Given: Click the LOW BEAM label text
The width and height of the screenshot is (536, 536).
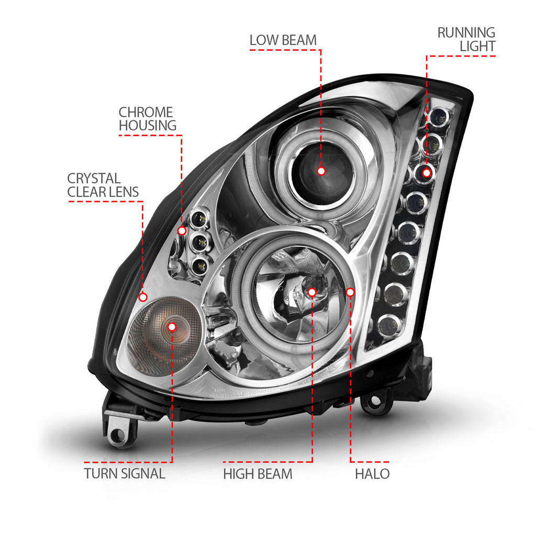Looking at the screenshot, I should tap(283, 40).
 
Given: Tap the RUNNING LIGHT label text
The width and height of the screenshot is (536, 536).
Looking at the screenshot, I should tap(466, 39).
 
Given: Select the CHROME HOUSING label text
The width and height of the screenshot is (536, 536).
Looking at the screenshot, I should tap(147, 119).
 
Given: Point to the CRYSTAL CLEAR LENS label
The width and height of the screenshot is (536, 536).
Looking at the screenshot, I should tap(103, 185).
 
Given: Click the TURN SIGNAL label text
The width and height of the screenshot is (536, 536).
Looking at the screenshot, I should tap(125, 474).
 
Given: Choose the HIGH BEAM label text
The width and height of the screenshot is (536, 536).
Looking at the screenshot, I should tap(258, 474).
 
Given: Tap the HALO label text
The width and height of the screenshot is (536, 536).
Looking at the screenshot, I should tap(372, 474).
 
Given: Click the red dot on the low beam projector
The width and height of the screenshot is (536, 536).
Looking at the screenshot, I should tap(321, 171).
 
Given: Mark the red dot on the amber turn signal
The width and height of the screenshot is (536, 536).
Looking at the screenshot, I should tap(172, 327).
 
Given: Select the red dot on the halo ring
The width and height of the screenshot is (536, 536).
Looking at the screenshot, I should tap(350, 292).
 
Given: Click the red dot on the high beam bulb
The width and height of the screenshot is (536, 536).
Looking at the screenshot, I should tap(312, 292).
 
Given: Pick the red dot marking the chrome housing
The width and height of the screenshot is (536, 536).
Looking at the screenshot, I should tap(182, 230).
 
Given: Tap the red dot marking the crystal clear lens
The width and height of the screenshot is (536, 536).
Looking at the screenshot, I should tap(143, 297).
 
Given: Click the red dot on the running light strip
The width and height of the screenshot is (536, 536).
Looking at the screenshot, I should tap(427, 172).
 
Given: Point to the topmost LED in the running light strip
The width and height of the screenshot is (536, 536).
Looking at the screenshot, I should tap(439, 117).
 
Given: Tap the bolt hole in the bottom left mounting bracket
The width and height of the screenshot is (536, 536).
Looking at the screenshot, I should tap(117, 434).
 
